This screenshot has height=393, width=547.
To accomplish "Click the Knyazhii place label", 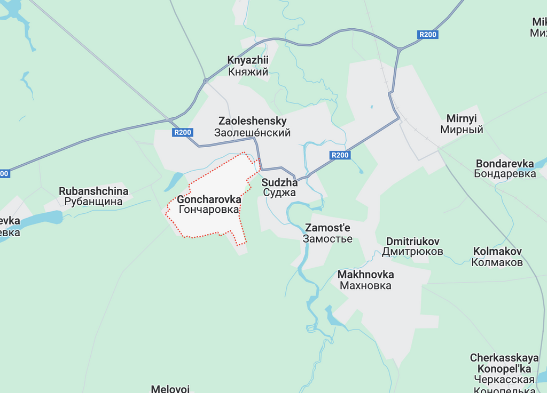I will pyautogui.click(x=247, y=66).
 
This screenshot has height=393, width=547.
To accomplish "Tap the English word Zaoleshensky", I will pyautogui.click(x=252, y=121).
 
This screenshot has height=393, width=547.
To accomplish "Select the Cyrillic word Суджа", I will pyautogui.click(x=279, y=193).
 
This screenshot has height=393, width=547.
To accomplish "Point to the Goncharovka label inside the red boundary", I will pyautogui.click(x=209, y=204).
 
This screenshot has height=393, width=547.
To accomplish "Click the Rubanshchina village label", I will pyautogui.click(x=93, y=196).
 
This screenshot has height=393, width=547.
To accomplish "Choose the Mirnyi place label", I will pyautogui.click(x=462, y=124).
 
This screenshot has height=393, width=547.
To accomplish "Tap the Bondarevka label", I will pyautogui.click(x=505, y=168).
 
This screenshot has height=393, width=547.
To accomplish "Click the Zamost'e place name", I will pyautogui.click(x=327, y=233).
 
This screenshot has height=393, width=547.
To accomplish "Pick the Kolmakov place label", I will pyautogui.click(x=497, y=256).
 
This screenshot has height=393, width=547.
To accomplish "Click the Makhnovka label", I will pyautogui.click(x=365, y=280).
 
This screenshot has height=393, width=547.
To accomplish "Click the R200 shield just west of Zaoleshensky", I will pyautogui.click(x=182, y=132).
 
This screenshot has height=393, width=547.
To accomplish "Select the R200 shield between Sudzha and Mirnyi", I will pyautogui.click(x=340, y=155).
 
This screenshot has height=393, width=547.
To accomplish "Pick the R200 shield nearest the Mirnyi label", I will pyautogui.click(x=428, y=35).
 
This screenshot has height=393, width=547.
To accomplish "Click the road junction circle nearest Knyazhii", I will pyautogui.click(x=206, y=81).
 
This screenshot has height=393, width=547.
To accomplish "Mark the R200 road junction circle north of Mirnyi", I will pyautogui.click(x=399, y=50).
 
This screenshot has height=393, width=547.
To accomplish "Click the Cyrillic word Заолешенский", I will pyautogui.click(x=252, y=133).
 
